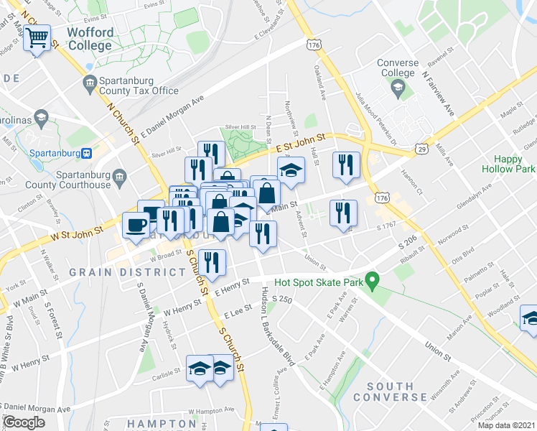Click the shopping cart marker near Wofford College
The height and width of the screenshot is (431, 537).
38,37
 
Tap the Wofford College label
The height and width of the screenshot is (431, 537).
90,40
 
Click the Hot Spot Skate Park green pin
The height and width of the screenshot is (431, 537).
372,281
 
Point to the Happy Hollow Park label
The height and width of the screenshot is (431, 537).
515,164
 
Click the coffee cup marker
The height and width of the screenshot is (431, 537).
135,226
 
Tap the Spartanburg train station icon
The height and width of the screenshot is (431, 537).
85,152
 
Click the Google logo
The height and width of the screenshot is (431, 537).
24,422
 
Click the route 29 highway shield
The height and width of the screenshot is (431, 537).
421,149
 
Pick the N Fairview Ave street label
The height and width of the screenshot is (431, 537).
438,93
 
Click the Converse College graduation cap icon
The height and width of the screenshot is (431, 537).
398,89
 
